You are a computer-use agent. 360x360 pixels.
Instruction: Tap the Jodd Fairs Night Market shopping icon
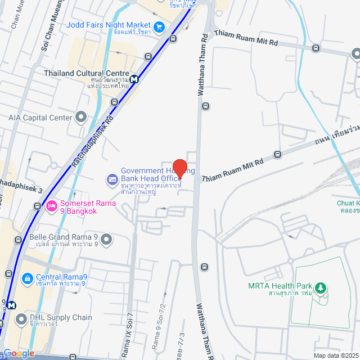pyautogui.click(x=159, y=25)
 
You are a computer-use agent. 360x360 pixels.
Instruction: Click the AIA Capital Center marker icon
pyautogui.click(x=81, y=118)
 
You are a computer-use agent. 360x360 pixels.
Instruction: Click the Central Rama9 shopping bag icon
pyautogui.click(x=26, y=278)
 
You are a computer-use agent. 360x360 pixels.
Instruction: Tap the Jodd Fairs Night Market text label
pyautogui.click(x=109, y=25)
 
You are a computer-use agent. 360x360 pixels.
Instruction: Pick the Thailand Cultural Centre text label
pyautogui.click(x=86, y=73)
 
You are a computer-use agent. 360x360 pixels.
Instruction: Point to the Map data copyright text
pyautogui.click(x=336, y=355)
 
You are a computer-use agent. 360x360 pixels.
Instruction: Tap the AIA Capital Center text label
pyautogui.click(x=40, y=118)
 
